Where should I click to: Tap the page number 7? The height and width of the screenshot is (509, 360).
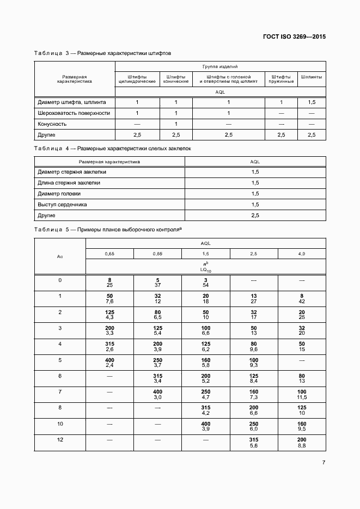pos(324,463)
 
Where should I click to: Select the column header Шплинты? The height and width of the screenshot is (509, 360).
pos(312,77)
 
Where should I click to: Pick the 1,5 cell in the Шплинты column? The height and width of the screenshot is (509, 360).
pos(312,102)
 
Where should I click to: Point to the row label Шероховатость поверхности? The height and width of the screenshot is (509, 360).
pos(74,113)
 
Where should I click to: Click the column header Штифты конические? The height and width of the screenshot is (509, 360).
pos(176,79)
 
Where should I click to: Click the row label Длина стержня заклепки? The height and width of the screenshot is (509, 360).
pos(69,183)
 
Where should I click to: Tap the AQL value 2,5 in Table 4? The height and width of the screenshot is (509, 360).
pos(255,216)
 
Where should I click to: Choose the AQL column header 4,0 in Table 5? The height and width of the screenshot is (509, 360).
pos(301,254)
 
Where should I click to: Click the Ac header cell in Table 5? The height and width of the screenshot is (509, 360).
pos(60,256)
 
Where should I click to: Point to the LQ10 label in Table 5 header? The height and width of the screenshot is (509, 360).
pos(205,270)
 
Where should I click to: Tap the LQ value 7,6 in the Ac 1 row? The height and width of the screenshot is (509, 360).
pos(109,301)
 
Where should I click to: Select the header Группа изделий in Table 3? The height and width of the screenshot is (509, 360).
pos(220,66)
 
